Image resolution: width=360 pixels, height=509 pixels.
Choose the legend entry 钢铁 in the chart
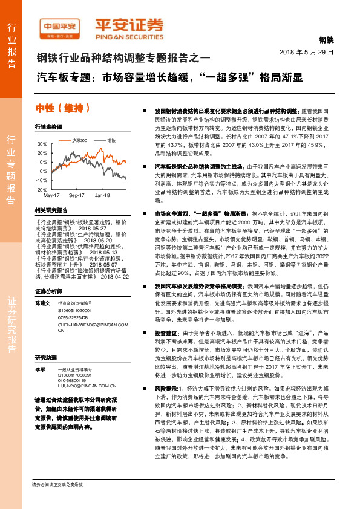111,140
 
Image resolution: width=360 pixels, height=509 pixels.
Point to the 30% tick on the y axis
42,144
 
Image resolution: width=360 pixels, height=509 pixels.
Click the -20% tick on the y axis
42,190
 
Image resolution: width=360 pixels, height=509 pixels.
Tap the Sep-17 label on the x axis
76,196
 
